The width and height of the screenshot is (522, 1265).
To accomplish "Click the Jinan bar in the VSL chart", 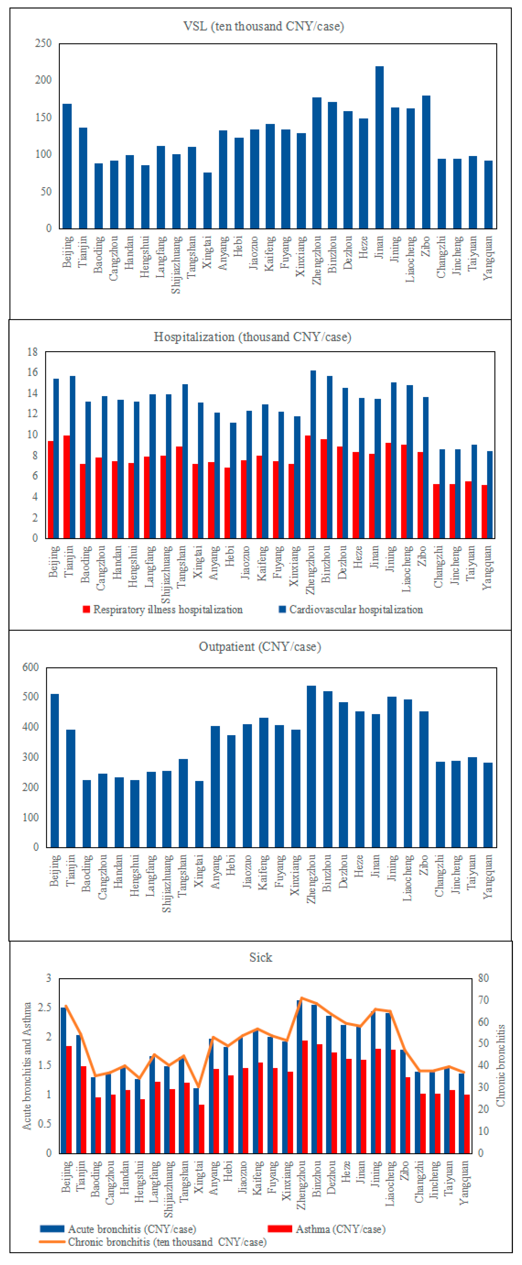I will click(x=379, y=147).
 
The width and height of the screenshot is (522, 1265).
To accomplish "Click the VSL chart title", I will click(x=263, y=26).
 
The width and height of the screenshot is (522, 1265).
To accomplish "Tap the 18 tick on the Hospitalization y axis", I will click(x=32, y=352).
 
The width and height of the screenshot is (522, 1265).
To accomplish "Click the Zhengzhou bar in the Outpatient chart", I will click(x=311, y=766).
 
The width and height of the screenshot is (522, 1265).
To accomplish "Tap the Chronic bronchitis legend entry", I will click(x=167, y=1242).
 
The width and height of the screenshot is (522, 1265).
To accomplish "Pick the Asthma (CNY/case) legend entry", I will click(x=340, y=1229).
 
